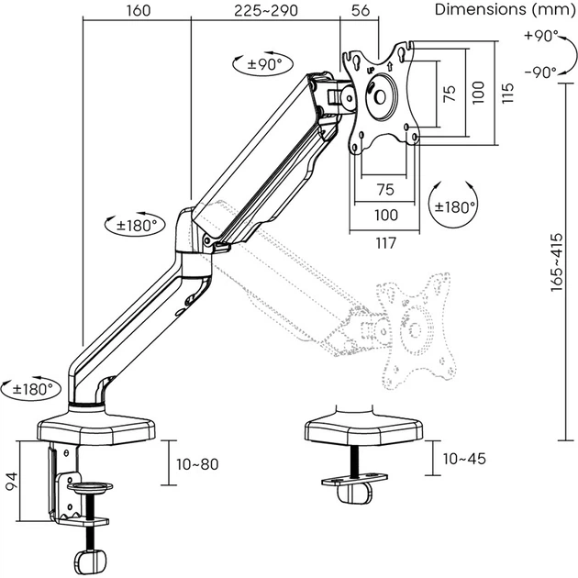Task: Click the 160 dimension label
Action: coord(137,10)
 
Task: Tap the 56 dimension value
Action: coord(361,10)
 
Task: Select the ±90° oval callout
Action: coord(260,65)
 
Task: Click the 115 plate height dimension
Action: coord(507,93)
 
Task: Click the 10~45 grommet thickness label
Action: coord(464,458)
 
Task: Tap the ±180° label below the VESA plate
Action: coord(456,206)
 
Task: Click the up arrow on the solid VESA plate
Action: coord(390,65)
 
